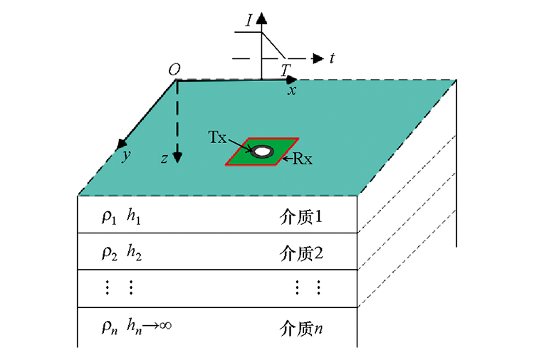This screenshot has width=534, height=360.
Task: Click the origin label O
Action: [x=174, y=70]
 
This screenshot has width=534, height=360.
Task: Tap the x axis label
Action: [x=292, y=90]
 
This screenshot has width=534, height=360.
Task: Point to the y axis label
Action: [x=126, y=156]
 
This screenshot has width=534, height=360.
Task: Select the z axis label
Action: [x=164, y=159]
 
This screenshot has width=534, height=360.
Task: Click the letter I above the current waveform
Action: [x=249, y=21]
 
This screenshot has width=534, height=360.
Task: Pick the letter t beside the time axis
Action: [x=332, y=58]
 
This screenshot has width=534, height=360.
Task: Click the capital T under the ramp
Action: [x=286, y=70]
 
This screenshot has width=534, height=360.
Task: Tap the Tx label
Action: [x=217, y=137]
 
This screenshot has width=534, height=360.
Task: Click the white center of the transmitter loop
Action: [x=262, y=152]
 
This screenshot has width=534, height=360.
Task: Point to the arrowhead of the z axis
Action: [x=177, y=157]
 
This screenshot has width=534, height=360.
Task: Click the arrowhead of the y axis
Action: [x=122, y=144]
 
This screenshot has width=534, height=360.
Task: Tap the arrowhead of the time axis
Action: [x=318, y=58]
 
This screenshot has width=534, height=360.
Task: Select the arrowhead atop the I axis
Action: [x=261, y=18]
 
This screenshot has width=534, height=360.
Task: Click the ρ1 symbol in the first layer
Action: [x=109, y=217]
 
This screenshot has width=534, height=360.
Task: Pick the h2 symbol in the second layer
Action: [x=134, y=253]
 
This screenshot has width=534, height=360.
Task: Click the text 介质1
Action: [x=301, y=217]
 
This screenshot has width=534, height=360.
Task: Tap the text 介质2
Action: [x=301, y=253]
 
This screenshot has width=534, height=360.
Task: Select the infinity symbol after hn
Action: [x=165, y=326]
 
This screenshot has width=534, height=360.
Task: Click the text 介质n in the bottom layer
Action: [x=301, y=329]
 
